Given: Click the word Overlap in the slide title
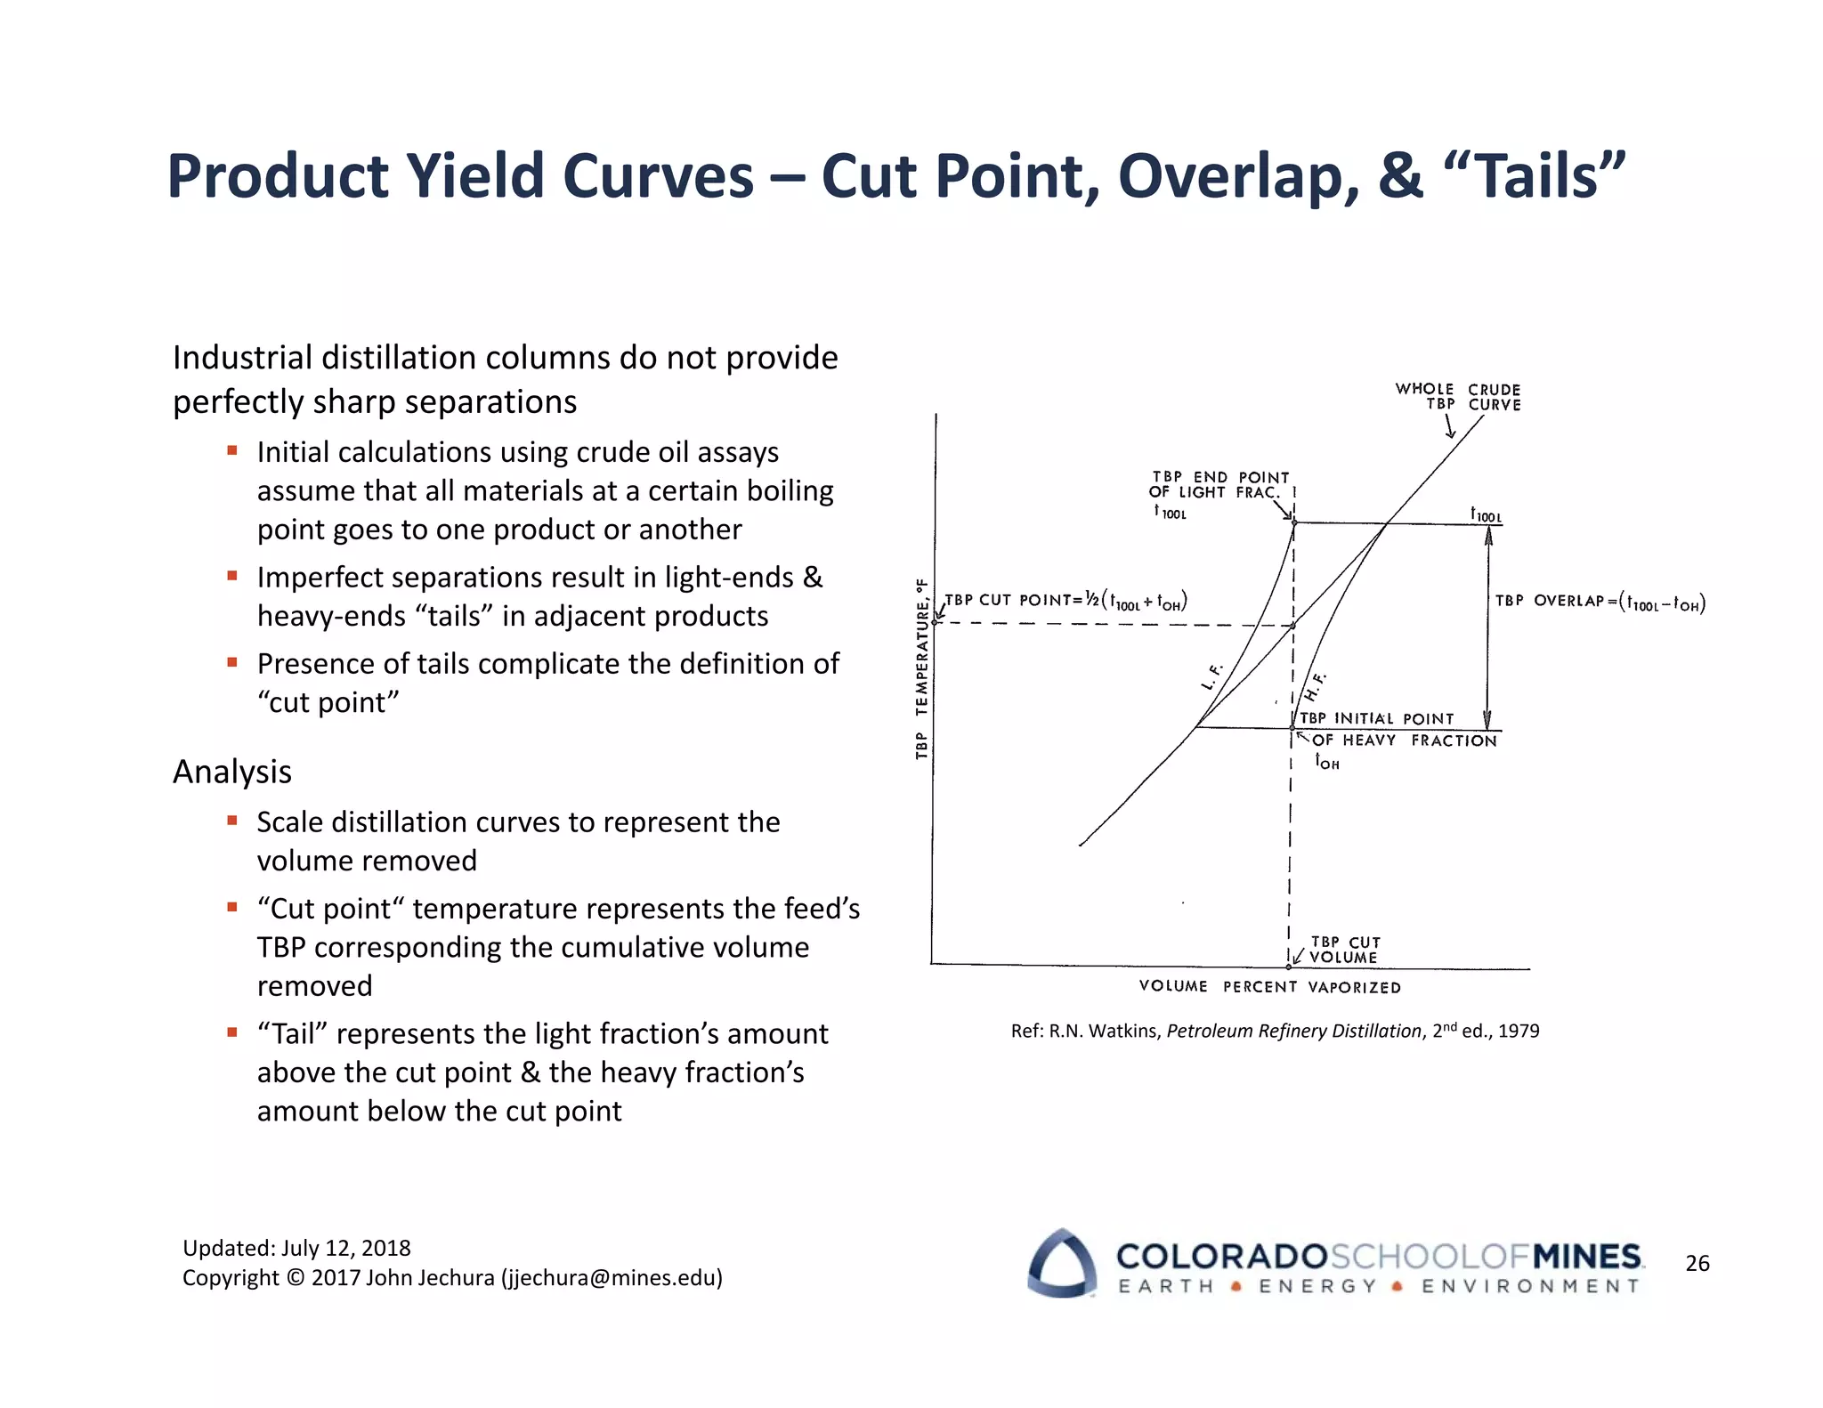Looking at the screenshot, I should (x=1238, y=176).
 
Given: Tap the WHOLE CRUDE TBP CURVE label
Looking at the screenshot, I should (x=1458, y=397).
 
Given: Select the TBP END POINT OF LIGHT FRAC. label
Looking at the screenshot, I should (x=1219, y=485).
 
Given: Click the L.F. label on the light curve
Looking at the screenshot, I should (x=1211, y=677).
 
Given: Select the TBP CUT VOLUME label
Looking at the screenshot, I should (x=1344, y=950).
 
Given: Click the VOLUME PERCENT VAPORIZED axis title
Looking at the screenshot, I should (x=1269, y=987).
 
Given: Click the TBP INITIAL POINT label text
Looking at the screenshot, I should (x=1376, y=718).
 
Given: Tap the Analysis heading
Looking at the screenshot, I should (x=232, y=772).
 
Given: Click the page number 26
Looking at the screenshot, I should (x=1697, y=1263).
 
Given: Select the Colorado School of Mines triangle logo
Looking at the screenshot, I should (x=1061, y=1263).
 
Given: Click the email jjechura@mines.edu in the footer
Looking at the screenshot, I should (x=612, y=1278).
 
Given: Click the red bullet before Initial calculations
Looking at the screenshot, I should (x=232, y=450).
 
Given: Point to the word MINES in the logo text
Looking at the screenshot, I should (x=1587, y=1257).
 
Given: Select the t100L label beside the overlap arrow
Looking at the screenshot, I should (x=1485, y=514).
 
